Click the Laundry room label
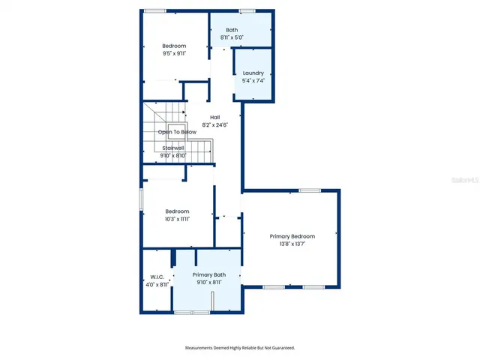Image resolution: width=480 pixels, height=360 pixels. pyautogui.click(x=253, y=73)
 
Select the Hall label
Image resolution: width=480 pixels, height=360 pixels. pyautogui.click(x=214, y=117)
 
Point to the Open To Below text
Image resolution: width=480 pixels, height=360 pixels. pyautogui.click(x=177, y=132)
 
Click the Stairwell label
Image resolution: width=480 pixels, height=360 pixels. pyautogui.click(x=174, y=148)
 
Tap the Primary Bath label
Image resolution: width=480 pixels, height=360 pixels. pyautogui.click(x=208, y=275)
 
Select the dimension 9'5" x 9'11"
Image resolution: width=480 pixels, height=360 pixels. pyautogui.click(x=174, y=54)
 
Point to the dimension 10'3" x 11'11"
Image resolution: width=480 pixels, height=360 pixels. pyautogui.click(x=177, y=219)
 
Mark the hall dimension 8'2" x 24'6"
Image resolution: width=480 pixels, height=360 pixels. pyautogui.click(x=214, y=125)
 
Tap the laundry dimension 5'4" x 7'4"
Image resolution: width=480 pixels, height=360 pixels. pyautogui.click(x=253, y=80)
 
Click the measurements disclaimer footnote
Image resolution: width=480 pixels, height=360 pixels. pyautogui.click(x=240, y=348)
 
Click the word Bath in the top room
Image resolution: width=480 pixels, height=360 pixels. pyautogui.click(x=232, y=30)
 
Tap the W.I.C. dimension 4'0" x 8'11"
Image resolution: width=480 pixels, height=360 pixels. pyautogui.click(x=157, y=284)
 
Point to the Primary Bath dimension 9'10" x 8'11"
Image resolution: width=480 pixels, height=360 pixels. pyautogui.click(x=208, y=283)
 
